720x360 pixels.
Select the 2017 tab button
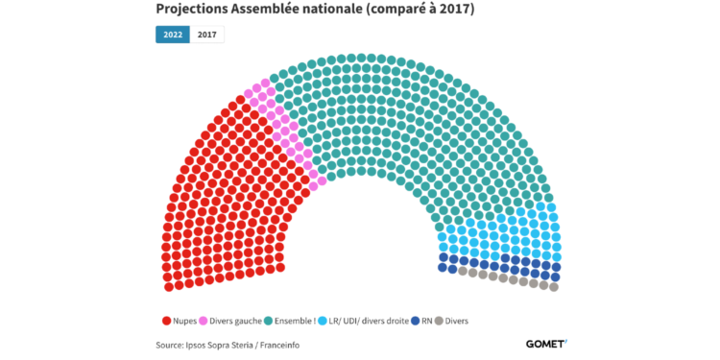click(205, 35)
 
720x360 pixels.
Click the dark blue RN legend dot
click(415, 320)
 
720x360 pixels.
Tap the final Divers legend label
click(458, 320)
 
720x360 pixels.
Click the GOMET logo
click(546, 343)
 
